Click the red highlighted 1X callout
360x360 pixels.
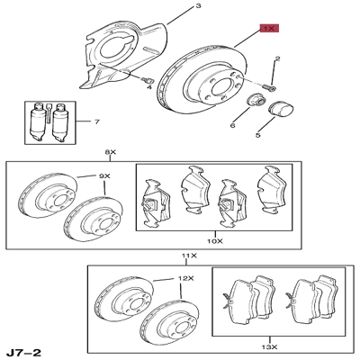(x=269, y=28)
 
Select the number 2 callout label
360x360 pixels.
(x=278, y=59)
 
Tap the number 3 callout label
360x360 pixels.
(x=199, y=6)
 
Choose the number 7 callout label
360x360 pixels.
(x=86, y=121)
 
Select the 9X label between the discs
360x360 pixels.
(x=103, y=175)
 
